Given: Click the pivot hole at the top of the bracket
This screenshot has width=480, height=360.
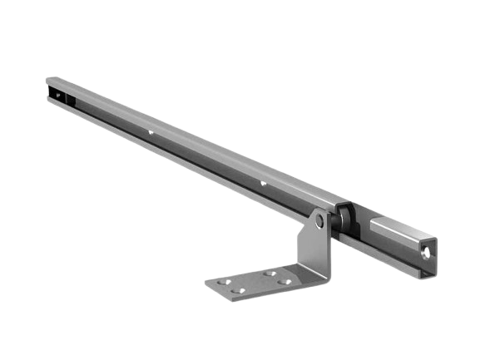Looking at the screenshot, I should point(319,221).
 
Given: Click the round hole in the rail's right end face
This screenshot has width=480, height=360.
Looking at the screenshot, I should point(426,249).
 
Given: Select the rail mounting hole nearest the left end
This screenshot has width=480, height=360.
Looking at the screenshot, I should point(151,131).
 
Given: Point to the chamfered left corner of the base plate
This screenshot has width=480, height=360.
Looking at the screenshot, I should point(208,284).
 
